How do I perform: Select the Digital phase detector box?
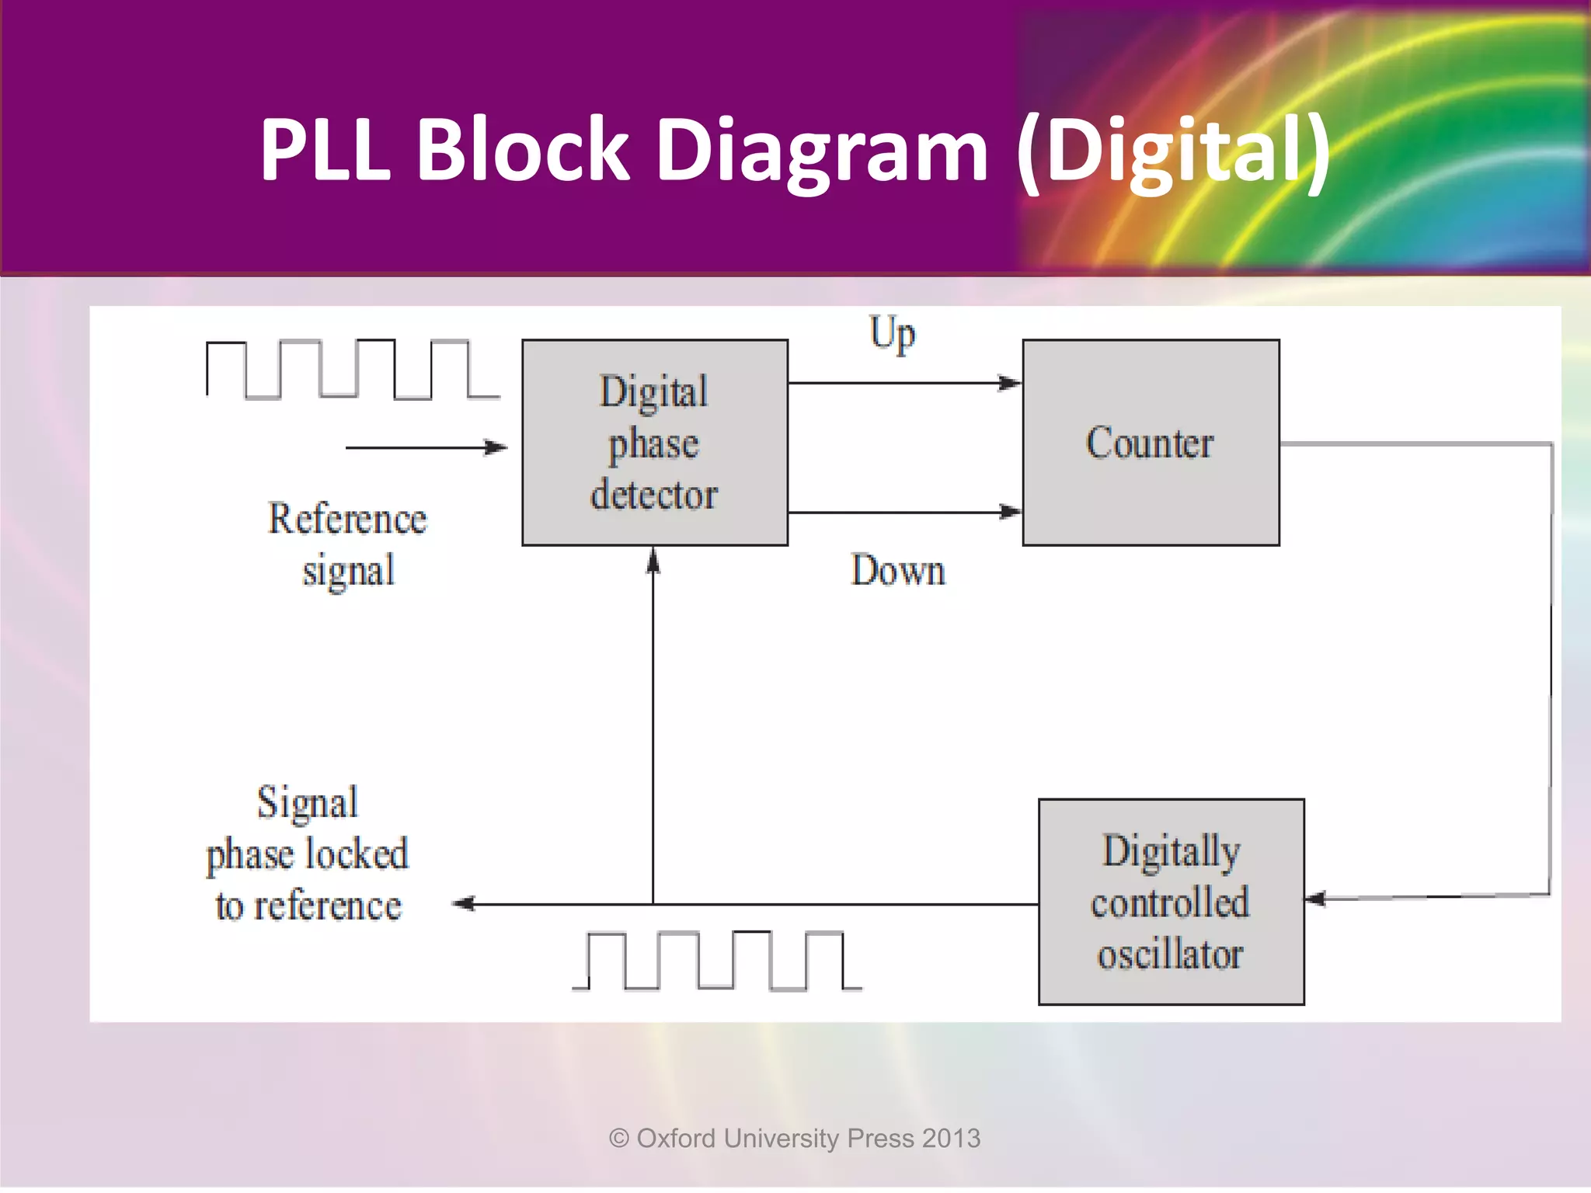click(655, 443)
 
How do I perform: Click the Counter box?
click(1151, 443)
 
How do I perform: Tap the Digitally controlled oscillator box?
click(1171, 902)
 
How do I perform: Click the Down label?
click(898, 571)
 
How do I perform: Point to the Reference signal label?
click(347, 544)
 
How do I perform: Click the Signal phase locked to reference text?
click(308, 854)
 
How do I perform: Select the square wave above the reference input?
click(352, 369)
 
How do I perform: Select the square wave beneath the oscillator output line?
click(716, 961)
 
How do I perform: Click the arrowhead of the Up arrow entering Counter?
click(1010, 383)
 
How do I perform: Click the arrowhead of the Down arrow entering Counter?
click(1010, 512)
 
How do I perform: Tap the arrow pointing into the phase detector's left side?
click(494, 447)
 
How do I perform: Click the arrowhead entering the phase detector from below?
click(653, 561)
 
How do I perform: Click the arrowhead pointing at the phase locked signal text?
click(465, 903)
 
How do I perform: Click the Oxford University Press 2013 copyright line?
click(795, 1139)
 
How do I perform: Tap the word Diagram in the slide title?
click(822, 151)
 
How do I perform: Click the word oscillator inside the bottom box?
click(1170, 955)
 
